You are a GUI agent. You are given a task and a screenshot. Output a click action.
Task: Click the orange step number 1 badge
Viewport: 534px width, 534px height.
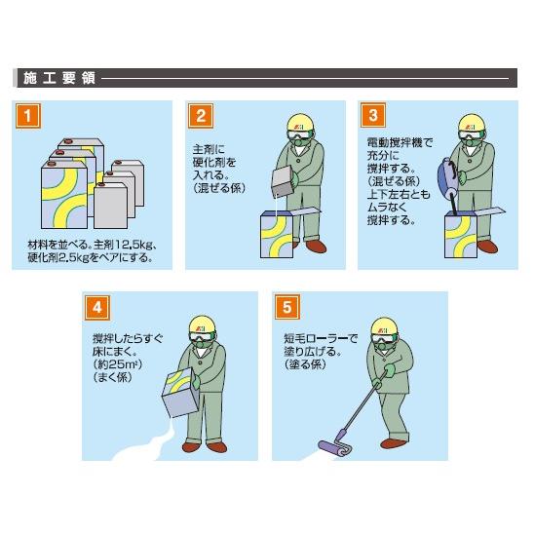click(28, 116)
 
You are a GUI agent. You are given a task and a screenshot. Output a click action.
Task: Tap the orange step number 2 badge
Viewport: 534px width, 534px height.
click(201, 116)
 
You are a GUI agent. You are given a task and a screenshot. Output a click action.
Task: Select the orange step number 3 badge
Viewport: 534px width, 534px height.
click(373, 115)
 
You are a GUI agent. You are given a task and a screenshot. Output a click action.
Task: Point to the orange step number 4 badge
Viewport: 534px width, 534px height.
click(97, 308)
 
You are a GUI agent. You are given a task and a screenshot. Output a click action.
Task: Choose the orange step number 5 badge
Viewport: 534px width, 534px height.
click(287, 307)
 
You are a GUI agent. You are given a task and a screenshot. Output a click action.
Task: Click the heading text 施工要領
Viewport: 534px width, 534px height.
click(59, 78)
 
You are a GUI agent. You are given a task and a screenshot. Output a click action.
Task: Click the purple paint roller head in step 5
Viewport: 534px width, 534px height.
click(335, 448)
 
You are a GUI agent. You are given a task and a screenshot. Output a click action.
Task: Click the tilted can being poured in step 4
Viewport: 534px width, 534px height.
click(180, 393)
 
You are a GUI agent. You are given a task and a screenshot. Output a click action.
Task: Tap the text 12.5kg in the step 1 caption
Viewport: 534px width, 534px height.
click(132, 245)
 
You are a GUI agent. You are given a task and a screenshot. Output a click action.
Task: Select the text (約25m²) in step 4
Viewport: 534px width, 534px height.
click(118, 364)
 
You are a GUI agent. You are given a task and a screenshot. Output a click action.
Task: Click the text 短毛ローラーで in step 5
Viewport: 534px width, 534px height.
click(322, 338)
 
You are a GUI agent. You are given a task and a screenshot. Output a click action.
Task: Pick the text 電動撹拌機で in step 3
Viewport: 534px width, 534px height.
click(400, 142)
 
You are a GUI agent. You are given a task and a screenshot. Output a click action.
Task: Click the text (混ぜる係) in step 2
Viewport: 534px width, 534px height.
click(219, 188)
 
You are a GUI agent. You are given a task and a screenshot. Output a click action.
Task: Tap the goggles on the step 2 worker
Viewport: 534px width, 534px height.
click(299, 134)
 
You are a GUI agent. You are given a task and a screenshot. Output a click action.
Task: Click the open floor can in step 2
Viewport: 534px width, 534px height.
click(277, 234)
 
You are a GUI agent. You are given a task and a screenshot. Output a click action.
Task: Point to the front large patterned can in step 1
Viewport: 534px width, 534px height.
click(64, 194)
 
